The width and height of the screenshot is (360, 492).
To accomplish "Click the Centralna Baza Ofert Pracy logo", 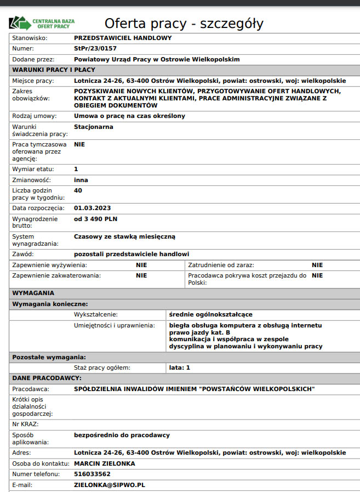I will pyautogui.click(x=42, y=24).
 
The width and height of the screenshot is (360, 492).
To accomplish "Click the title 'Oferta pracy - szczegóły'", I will pyautogui.click(x=184, y=24).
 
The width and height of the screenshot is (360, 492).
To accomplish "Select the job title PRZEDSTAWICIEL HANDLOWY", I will pyautogui.click(x=123, y=38).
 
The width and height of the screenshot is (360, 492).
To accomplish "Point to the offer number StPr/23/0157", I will pyautogui.click(x=95, y=49).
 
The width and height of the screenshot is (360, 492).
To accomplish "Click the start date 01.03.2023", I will pyautogui.click(x=93, y=208).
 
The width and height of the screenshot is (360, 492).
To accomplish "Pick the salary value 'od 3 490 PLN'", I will pyautogui.click(x=96, y=219).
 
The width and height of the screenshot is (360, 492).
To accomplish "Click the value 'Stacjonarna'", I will pyautogui.click(x=94, y=127).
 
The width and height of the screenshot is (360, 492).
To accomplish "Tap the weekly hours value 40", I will pyautogui.click(x=78, y=190).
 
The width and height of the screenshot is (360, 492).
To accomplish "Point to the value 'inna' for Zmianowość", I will pyautogui.click(x=81, y=179).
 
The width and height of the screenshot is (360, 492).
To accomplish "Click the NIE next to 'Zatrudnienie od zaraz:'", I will pyautogui.click(x=317, y=265).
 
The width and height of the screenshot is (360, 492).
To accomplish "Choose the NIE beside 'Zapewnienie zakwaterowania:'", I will pyautogui.click(x=141, y=275).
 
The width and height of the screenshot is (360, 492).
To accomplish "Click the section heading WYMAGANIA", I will pyautogui.click(x=33, y=293).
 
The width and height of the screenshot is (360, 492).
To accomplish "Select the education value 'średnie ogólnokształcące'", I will pyautogui.click(x=211, y=314).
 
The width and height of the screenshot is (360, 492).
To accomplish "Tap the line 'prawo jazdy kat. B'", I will pyautogui.click(x=199, y=332).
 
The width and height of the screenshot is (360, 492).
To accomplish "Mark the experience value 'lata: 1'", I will pyautogui.click(x=180, y=367).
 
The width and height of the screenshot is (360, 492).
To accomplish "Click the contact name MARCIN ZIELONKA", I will pyautogui.click(x=105, y=463).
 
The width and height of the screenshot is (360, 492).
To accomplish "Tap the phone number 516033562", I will pyautogui.click(x=92, y=474).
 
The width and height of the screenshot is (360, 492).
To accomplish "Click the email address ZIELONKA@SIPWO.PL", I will pyautogui.click(x=109, y=485).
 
